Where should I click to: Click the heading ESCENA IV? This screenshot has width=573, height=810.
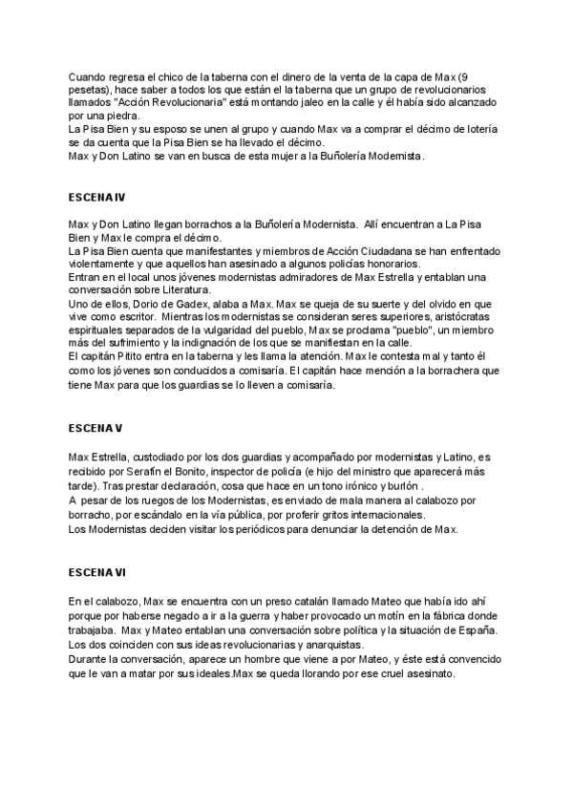pyautogui.click(x=96, y=199)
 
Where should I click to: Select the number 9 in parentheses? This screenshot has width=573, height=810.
pyautogui.click(x=463, y=76)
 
